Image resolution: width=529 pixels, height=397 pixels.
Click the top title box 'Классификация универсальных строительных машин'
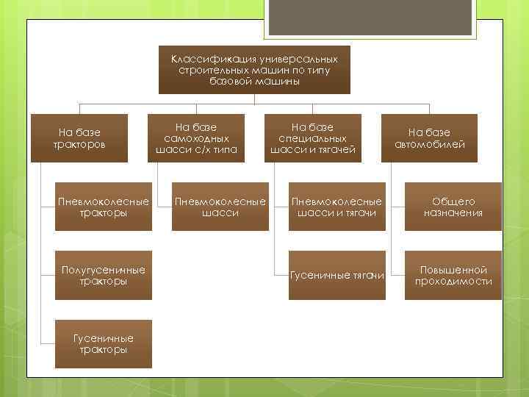[254, 70]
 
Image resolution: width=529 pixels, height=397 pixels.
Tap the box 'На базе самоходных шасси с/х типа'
[197, 138]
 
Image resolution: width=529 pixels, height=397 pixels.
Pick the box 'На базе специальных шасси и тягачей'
[313, 138]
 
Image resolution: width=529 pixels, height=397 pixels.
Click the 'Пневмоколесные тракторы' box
[104, 207]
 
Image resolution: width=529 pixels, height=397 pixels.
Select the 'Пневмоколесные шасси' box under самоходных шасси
[219, 207]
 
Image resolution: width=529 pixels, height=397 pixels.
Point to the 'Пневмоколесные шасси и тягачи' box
[337, 207]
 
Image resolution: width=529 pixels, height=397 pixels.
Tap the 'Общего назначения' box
[453, 207]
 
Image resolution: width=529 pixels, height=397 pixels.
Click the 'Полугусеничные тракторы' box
[104, 275]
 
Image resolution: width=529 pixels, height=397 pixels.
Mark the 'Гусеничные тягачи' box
[337, 275]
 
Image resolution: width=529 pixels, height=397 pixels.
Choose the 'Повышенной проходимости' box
[453, 275]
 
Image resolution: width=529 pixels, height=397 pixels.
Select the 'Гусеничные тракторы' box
[104, 343]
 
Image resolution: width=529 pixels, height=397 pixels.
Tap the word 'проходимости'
[453, 281]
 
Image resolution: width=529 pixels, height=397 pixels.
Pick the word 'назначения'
[453, 212]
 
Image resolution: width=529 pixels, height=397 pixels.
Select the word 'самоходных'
[197, 138]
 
